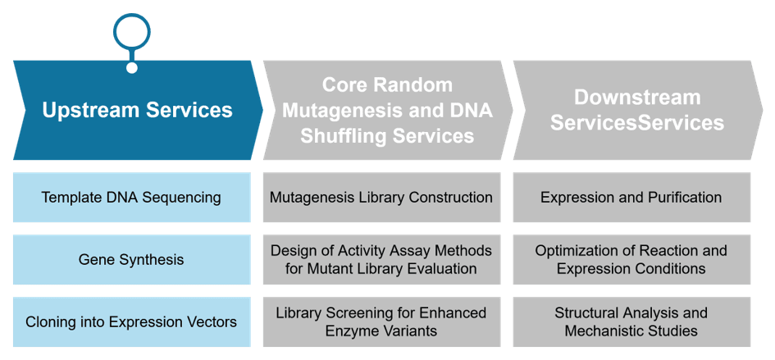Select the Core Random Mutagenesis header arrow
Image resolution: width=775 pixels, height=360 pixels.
[387, 110]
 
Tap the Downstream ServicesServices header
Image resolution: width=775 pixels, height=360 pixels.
[637, 110]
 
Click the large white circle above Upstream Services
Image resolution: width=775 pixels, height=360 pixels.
[131, 32]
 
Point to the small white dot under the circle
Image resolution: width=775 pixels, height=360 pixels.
[131, 67]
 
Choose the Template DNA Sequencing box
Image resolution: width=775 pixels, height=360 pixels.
[131, 197]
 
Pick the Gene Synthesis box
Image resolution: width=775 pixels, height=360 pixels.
[131, 259]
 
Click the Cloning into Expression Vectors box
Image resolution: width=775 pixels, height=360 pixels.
[131, 321]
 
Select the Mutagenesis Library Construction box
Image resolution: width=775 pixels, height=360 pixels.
[381, 197]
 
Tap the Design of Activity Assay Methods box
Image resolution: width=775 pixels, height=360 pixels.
[381, 259]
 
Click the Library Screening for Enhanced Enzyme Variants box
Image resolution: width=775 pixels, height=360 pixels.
[381, 321]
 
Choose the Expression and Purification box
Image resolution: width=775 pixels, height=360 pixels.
[631, 197]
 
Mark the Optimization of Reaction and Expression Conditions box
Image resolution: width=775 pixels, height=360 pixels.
[631, 259]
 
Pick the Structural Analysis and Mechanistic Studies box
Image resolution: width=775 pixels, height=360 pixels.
[631, 321]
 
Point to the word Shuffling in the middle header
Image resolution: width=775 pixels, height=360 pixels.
[343, 136]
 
